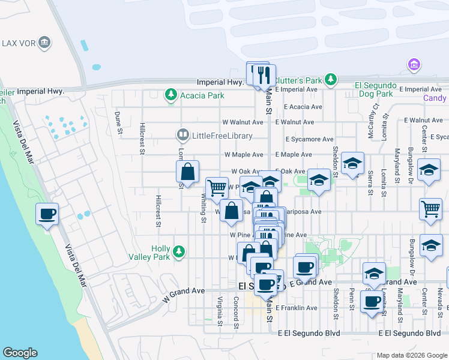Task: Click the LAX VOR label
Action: (x=18, y=43)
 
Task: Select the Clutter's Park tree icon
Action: (x=330, y=80)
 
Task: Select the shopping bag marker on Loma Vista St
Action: (x=188, y=172)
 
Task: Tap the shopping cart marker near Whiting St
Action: (x=217, y=188)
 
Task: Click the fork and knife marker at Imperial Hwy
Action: (x=264, y=74)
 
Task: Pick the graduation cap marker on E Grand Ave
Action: (x=374, y=273)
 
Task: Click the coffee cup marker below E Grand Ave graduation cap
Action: (x=372, y=301)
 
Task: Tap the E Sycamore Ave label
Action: (x=309, y=139)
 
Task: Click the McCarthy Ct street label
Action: (x=375, y=123)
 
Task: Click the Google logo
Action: (x=20, y=353)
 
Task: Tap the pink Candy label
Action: (x=434, y=98)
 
